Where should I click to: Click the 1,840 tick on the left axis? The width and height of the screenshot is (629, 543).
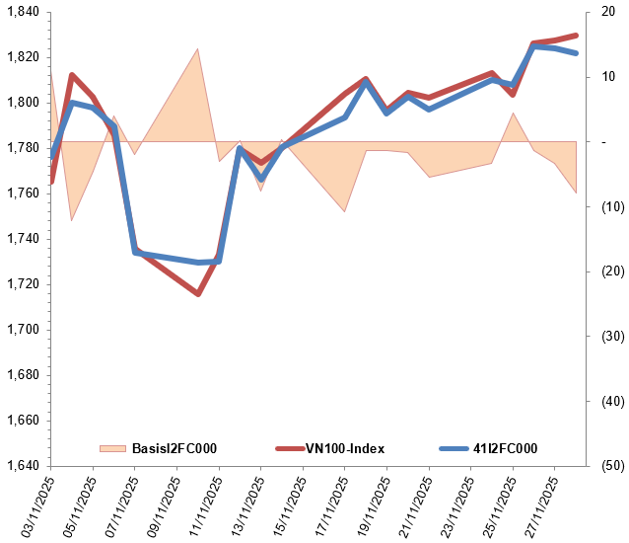(x=20, y=12)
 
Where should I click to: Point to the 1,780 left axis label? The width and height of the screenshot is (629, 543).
(x=20, y=148)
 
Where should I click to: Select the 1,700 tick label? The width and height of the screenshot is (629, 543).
(x=20, y=330)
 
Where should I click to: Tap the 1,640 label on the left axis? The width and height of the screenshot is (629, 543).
(x=20, y=466)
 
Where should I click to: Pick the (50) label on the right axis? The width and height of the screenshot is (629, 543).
(x=610, y=466)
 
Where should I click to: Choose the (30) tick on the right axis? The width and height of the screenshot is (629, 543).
(x=610, y=337)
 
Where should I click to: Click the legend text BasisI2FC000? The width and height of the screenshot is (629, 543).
(x=174, y=449)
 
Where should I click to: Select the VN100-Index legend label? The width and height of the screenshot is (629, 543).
(x=344, y=449)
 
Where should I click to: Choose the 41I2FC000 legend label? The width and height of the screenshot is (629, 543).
(x=505, y=449)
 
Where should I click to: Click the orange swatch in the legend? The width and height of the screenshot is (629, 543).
(x=113, y=449)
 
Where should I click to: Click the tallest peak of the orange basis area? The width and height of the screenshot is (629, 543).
(x=198, y=48)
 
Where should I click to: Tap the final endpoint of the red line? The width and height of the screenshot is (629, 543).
(x=576, y=36)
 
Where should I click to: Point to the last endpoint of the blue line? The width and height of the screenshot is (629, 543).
(x=576, y=53)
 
